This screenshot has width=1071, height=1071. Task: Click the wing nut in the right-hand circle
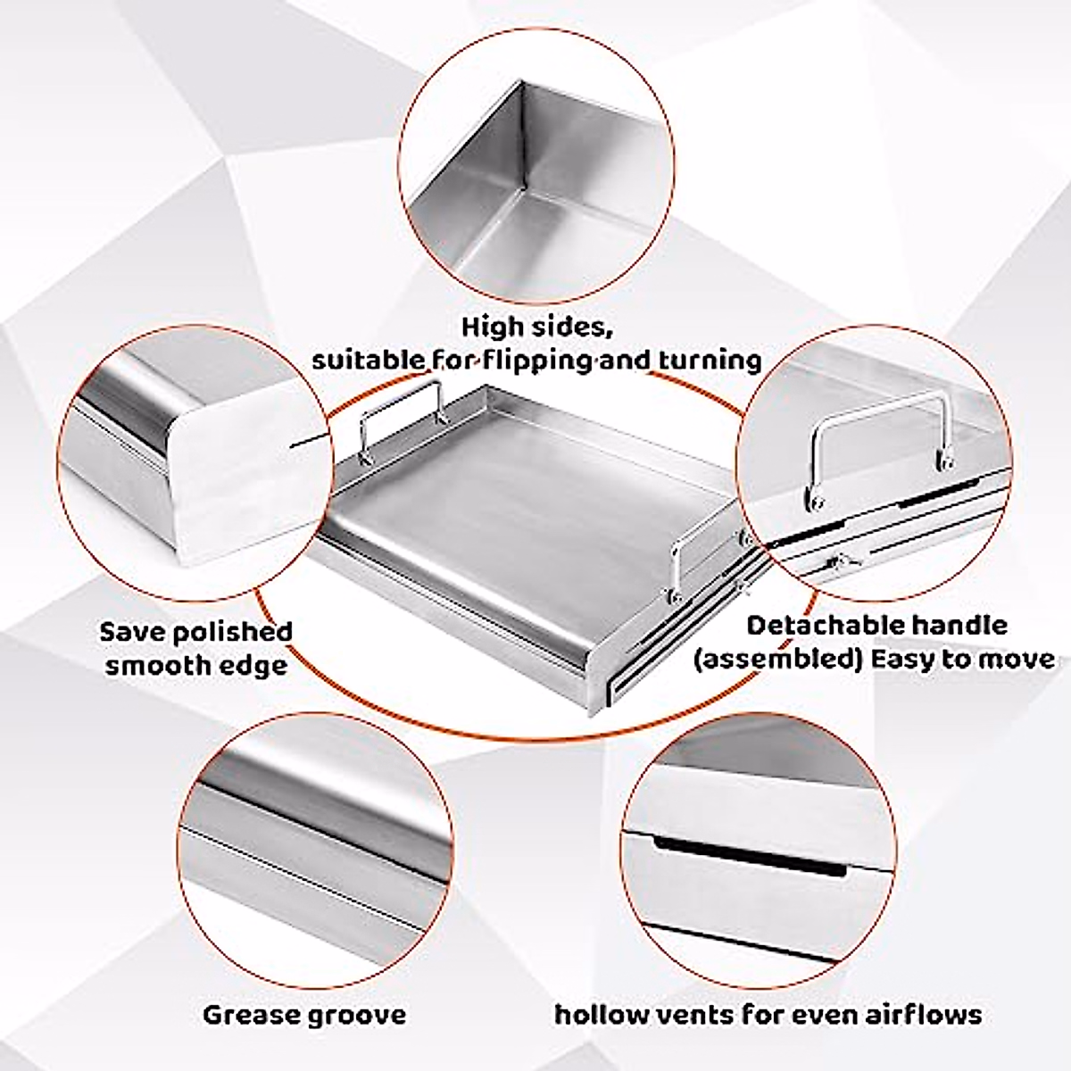click(x=840, y=562)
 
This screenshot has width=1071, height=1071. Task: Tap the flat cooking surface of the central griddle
click(x=500, y=500)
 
